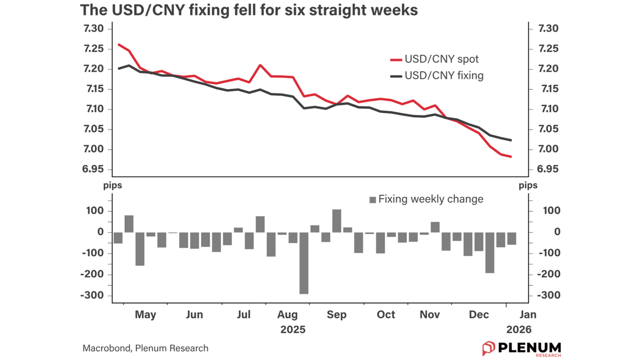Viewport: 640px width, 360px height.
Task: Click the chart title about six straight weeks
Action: [249, 10]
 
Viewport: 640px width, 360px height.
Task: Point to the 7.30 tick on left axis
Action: [93, 28]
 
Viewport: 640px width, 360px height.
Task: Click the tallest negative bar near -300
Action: [304, 263]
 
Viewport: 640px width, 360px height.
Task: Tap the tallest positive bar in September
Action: [337, 220]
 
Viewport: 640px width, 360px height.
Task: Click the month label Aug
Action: [287, 315]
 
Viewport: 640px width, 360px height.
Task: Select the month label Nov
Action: [430, 315]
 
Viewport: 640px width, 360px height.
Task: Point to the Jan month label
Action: [528, 315]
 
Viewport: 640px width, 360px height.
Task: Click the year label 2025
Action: [293, 330]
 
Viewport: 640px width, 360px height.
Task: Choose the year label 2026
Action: [519, 330]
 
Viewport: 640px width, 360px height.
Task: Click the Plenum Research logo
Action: [521, 348]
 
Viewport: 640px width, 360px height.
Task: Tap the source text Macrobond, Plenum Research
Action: [145, 348]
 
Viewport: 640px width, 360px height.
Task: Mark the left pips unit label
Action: [112, 185]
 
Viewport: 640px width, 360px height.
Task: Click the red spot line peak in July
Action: [260, 65]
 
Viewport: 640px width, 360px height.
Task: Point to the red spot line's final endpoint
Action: [511, 157]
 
